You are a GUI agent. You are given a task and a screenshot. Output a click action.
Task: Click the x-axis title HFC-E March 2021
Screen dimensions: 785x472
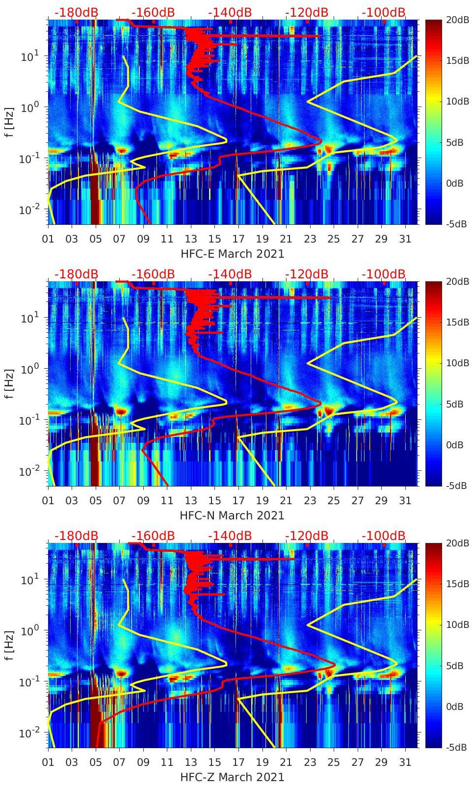click(232, 254)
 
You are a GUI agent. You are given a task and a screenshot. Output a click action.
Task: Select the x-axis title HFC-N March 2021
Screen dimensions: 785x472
click(232, 515)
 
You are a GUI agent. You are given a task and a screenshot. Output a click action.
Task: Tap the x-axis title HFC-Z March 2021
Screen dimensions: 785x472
click(232, 777)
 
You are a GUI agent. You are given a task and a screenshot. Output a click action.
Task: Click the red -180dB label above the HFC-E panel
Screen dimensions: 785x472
click(76, 12)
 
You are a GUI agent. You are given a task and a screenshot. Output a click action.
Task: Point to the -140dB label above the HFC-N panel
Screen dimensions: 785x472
click(230, 274)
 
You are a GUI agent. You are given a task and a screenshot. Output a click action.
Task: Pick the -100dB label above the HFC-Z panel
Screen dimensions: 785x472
click(383, 536)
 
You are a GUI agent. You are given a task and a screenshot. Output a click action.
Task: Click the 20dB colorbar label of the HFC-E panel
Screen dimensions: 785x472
click(455, 20)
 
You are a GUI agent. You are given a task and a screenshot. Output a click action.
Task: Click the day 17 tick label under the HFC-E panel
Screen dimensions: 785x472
click(238, 239)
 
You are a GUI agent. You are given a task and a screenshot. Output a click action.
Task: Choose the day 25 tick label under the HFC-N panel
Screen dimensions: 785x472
click(334, 501)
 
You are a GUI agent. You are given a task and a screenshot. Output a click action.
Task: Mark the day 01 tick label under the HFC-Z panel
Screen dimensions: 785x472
click(48, 762)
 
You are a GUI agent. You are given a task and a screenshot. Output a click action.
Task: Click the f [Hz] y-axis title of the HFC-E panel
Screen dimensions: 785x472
click(9, 122)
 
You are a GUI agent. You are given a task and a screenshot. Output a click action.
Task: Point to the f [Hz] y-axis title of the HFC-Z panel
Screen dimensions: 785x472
click(9, 645)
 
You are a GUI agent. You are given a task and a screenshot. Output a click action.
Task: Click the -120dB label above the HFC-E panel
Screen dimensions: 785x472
click(307, 12)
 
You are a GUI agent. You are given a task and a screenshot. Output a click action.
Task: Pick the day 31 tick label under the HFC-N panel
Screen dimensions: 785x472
click(405, 501)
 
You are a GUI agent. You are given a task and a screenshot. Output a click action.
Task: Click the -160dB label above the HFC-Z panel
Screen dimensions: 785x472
click(153, 536)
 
